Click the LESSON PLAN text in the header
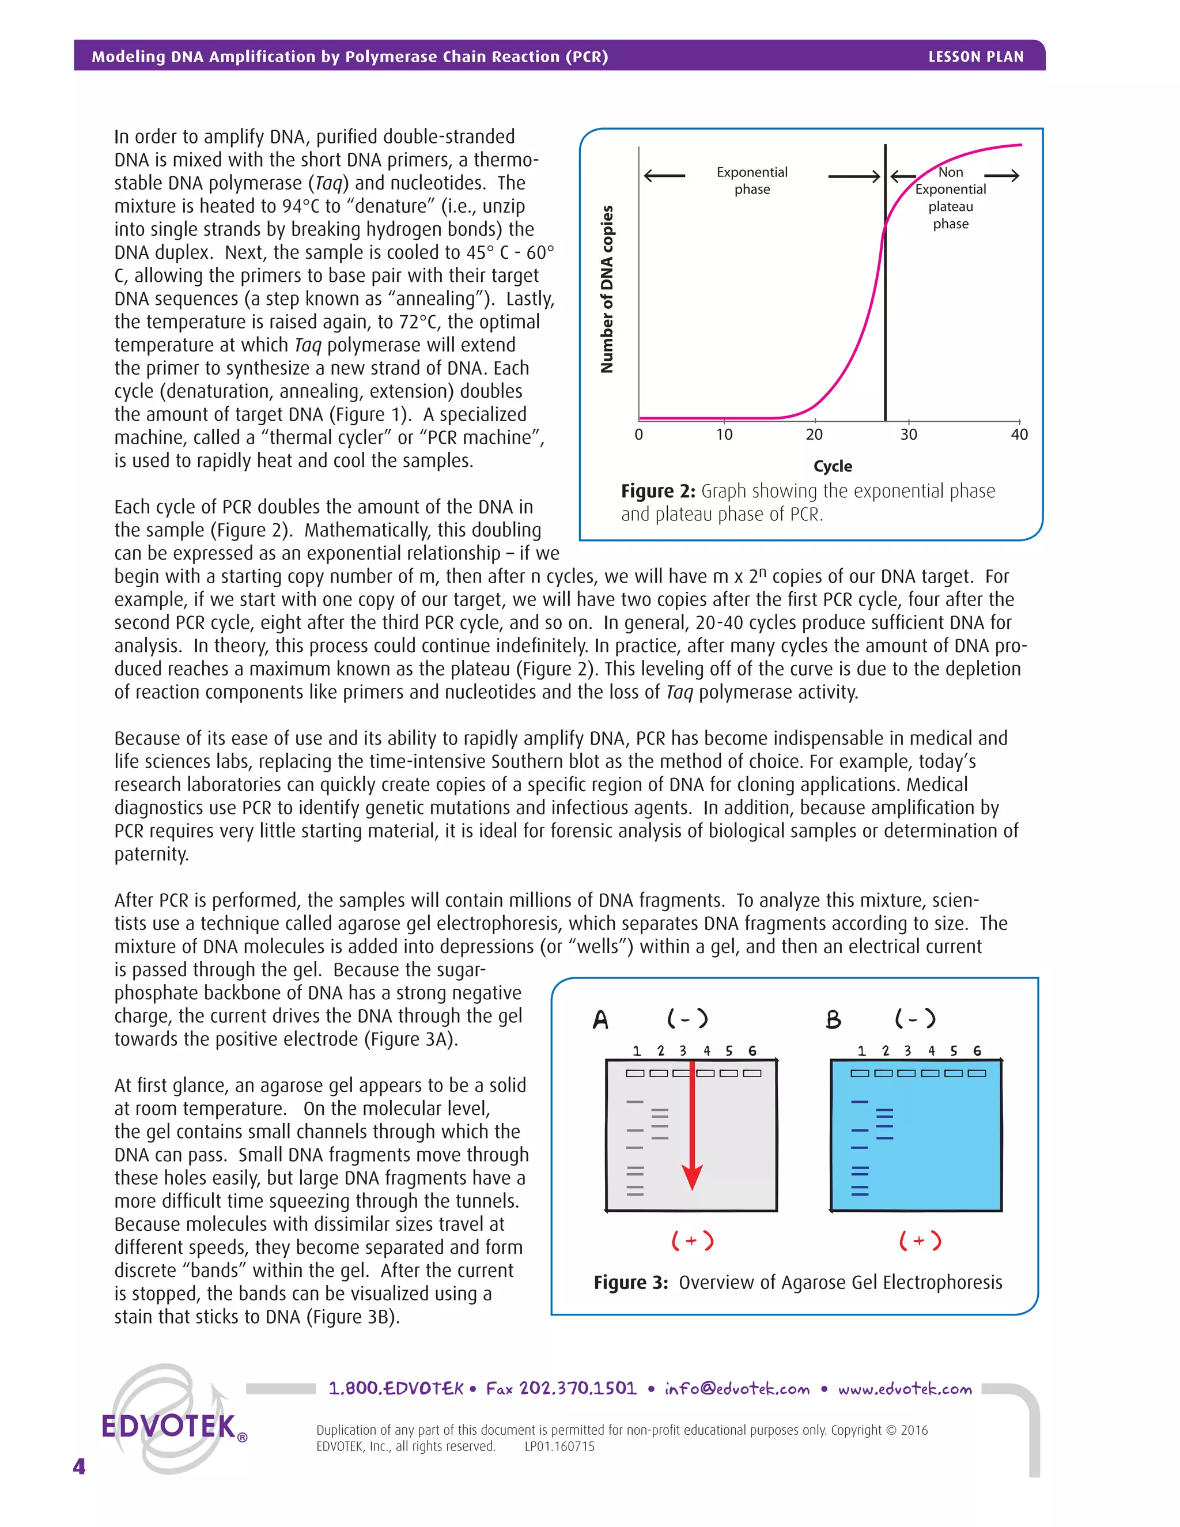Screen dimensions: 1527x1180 tap(975, 56)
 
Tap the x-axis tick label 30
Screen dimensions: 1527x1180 tap(908, 435)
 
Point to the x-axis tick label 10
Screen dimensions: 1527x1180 tap(724, 435)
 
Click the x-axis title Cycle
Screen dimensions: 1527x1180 tap(833, 466)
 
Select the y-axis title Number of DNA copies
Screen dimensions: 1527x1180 tap(607, 289)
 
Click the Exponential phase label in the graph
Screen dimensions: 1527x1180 tap(751, 180)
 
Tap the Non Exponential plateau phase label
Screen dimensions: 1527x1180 tap(950, 198)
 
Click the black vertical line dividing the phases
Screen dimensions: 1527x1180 tap(885, 315)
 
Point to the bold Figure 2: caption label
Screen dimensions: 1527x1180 tap(657, 492)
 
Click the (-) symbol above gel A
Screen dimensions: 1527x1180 tap(687, 1019)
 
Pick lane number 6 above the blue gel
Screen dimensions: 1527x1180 tap(977, 1051)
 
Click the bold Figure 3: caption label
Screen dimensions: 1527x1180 tap(630, 1282)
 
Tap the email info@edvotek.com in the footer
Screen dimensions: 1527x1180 tap(737, 1389)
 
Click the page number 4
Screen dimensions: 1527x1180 tap(79, 1466)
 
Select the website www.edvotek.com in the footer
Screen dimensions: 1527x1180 tap(905, 1389)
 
